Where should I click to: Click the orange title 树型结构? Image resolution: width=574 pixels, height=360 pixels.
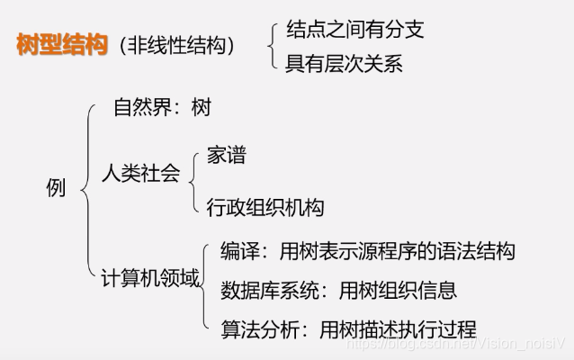coord(61,45)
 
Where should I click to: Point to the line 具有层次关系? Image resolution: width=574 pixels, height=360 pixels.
coord(344,63)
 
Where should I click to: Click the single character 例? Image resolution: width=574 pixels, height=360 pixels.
coord(56,188)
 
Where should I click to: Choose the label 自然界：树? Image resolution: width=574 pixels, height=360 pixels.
coord(162,109)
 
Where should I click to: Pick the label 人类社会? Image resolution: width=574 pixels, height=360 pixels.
coord(140,173)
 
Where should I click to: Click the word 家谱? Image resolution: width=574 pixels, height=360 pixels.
coord(226,155)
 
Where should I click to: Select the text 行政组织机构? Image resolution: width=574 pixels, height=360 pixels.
coord(265,207)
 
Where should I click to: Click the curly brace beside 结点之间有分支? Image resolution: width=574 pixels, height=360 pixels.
coord(273,46)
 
